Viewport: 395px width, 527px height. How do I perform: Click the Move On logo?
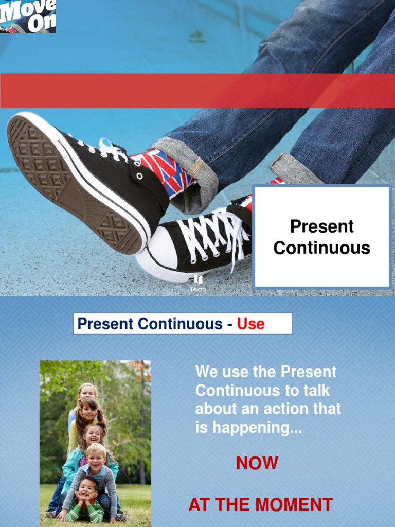point(28,16)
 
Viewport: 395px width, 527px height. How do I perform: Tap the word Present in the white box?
point(321,226)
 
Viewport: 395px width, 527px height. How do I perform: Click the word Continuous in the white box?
point(321,248)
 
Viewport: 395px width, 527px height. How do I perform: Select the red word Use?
point(250,324)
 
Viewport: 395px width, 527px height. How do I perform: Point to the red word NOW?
point(257,463)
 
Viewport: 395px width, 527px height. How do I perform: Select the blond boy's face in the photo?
point(96,458)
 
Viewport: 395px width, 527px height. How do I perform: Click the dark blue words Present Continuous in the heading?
point(149,324)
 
